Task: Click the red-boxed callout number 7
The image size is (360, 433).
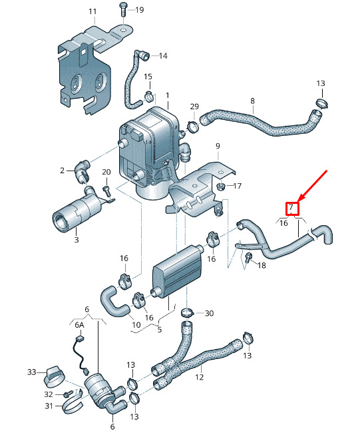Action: (291, 207)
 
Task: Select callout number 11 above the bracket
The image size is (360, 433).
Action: (92, 11)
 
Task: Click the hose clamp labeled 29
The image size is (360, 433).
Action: (193, 126)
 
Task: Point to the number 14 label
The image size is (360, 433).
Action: (163, 56)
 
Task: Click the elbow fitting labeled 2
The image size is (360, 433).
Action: (82, 171)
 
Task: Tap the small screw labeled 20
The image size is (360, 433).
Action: (106, 193)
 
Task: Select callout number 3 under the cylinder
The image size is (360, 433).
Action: (77, 239)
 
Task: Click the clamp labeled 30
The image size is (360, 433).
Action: (188, 313)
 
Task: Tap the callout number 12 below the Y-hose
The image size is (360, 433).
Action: (199, 376)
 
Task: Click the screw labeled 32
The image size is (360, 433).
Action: (68, 394)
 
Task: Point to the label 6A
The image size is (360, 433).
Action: (79, 325)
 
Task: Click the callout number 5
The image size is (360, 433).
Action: (160, 330)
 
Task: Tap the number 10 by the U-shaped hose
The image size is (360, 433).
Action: (136, 325)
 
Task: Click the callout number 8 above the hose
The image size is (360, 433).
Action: (252, 101)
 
